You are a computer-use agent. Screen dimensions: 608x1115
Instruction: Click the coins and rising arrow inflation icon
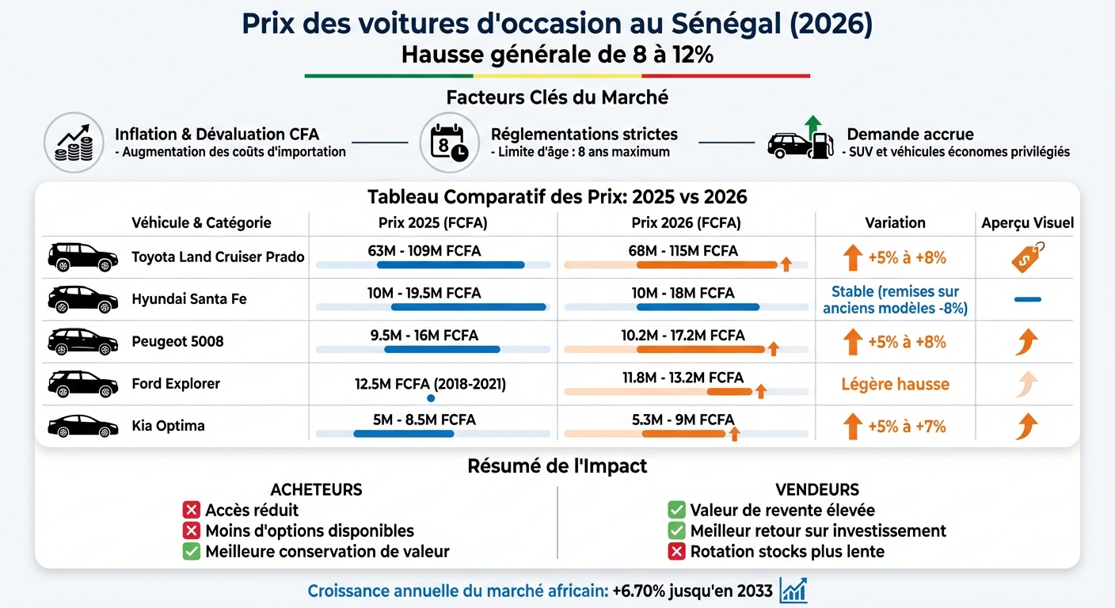coord(74,142)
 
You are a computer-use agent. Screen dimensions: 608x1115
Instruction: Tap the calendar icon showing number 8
coord(449,142)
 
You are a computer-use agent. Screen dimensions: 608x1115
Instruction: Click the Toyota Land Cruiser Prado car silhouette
coord(82,256)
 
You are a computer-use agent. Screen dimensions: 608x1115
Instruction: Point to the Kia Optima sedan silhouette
coord(82,426)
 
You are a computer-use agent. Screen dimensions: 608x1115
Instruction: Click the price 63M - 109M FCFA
coord(424,251)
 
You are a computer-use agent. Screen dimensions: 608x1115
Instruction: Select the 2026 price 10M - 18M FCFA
coord(683,293)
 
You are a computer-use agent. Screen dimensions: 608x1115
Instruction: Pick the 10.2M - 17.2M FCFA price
coord(683,335)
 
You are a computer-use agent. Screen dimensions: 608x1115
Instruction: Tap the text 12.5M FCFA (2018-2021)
coord(430,384)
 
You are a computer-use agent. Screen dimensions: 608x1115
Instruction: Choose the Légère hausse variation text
coord(895,385)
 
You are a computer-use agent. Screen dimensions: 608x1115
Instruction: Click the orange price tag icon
coord(1027,257)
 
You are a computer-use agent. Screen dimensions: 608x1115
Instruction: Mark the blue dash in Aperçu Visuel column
coord(1027,299)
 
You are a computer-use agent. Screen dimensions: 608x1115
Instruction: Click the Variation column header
coord(895,222)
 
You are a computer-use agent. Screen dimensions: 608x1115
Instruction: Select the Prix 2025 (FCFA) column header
coord(432,222)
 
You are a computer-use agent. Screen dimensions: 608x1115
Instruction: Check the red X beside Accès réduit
coord(191,510)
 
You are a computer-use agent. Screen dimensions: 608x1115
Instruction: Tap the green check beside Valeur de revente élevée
coord(676,510)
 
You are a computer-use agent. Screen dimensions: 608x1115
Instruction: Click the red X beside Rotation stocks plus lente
coord(676,551)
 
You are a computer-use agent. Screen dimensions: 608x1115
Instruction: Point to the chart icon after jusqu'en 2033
coord(793,591)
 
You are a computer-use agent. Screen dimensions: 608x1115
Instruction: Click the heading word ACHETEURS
coord(316,490)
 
